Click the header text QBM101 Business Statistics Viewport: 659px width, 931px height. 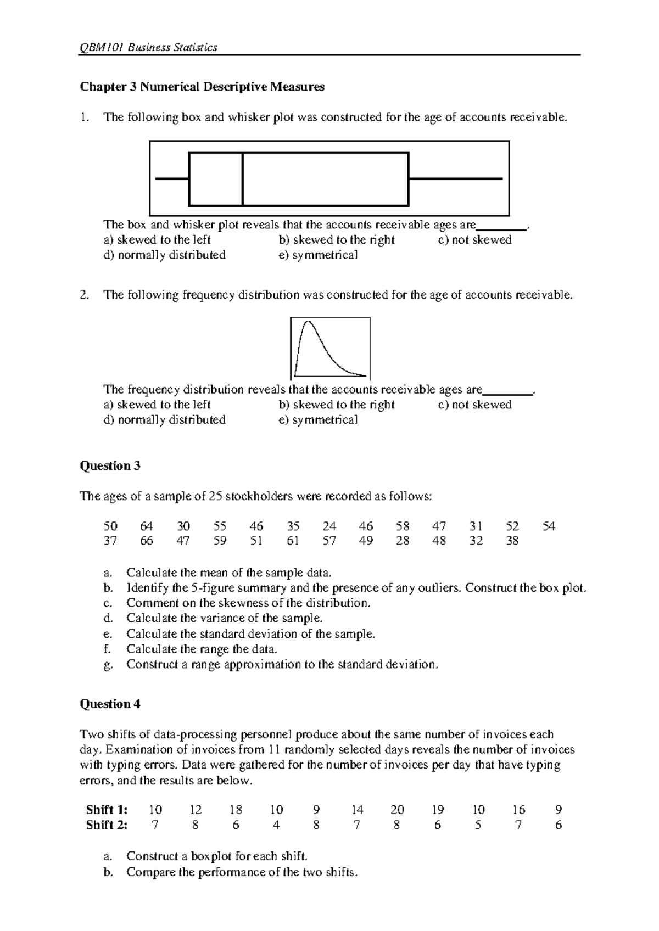tap(149, 47)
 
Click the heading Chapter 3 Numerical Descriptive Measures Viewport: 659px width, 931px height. tap(202, 87)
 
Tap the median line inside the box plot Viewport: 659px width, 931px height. tap(243, 179)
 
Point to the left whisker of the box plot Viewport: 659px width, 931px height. tap(172, 179)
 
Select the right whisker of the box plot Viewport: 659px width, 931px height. tap(456, 179)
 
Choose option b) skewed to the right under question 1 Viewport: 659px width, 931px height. tap(337, 240)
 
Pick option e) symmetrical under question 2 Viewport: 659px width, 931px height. tap(318, 420)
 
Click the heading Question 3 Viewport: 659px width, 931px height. tap(110, 466)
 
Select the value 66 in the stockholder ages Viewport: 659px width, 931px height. tap(147, 541)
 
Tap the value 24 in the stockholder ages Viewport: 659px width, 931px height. tap(329, 526)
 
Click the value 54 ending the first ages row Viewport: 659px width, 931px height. tap(549, 526)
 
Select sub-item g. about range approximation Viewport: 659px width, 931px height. tap(282, 665)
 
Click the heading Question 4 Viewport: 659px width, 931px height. tap(110, 704)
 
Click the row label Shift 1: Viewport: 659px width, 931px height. tap(107, 810)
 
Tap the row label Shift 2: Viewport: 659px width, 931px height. tap(107, 825)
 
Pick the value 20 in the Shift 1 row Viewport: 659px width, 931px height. tap(397, 810)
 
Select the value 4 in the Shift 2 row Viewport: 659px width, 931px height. tap(276, 825)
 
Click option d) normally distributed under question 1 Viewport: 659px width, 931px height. tap(164, 255)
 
